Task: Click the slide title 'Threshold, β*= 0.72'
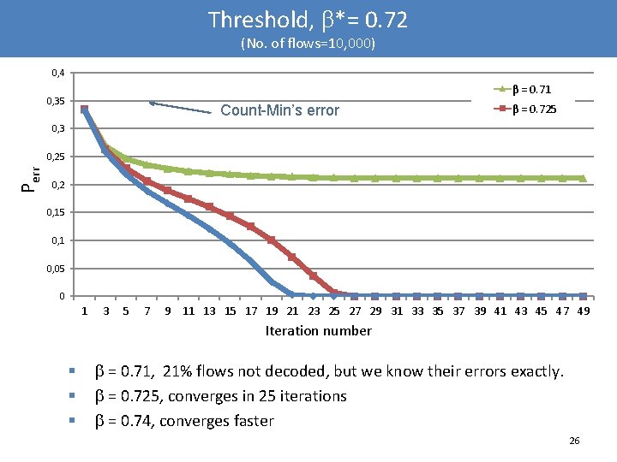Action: coord(308,19)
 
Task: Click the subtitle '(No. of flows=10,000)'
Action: coord(308,42)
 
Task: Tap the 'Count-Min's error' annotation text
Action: coord(279,110)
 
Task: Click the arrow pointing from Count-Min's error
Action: coord(180,107)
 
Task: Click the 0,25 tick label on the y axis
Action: coord(57,157)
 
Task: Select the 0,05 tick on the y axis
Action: coord(57,269)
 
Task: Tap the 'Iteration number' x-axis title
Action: coord(318,331)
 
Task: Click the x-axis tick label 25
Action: coord(334,311)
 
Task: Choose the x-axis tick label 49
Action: coord(584,311)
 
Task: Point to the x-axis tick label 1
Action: coord(84,311)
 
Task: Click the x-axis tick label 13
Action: coord(209,311)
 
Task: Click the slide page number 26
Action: coord(574,441)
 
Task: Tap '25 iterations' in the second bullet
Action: coord(305,396)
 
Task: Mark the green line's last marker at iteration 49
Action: coord(584,178)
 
